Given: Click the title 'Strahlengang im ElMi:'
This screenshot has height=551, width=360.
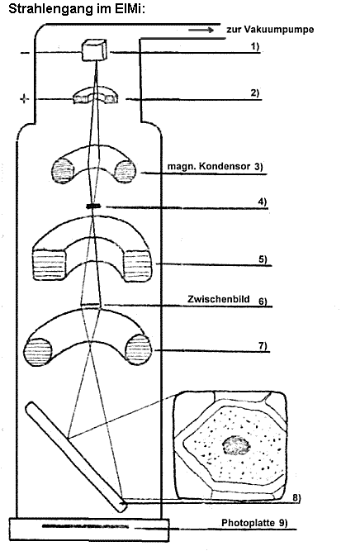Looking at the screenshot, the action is (77, 9).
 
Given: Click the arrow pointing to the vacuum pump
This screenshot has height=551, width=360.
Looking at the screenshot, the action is (201, 31).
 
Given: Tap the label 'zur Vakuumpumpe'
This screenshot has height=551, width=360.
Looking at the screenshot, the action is (270, 30).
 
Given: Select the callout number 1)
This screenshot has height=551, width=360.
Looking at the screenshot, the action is (254, 46).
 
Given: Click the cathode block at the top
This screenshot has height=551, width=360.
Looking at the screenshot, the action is (95, 50).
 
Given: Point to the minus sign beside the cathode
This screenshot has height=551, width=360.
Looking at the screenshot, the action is (26, 53).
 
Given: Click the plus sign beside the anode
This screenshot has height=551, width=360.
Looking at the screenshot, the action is (24, 99).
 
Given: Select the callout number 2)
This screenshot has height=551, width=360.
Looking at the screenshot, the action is (254, 93).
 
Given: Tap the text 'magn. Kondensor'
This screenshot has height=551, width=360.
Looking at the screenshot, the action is (209, 166).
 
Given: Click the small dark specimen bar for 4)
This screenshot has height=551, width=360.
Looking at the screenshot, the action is (93, 207).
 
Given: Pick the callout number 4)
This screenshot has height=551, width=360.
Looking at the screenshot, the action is (262, 202).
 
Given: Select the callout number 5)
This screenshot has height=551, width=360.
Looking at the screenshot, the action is (263, 259).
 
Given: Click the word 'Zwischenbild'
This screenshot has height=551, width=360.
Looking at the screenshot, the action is (219, 299).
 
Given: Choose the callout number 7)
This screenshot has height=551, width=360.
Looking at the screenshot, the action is (263, 346).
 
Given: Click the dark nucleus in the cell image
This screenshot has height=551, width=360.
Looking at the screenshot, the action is (236, 445).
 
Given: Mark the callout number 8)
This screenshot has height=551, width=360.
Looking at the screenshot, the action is (296, 497).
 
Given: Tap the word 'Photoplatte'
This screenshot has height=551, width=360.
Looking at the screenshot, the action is (248, 523).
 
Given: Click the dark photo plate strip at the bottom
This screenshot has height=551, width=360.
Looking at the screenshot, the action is (85, 526).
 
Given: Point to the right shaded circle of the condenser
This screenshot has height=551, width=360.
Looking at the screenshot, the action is (126, 171).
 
